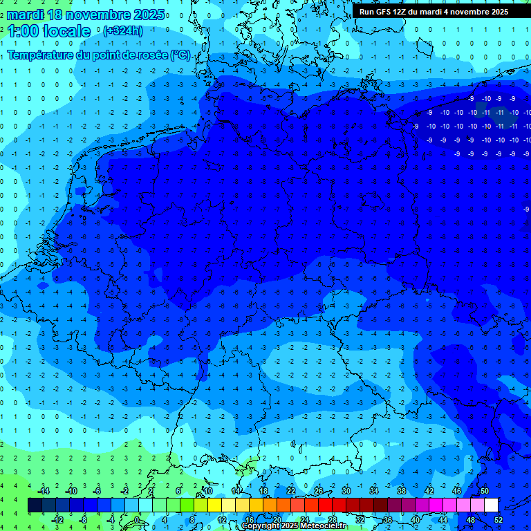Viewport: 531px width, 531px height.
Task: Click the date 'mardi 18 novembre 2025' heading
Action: (86, 15)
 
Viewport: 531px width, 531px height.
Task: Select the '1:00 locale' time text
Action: (49, 31)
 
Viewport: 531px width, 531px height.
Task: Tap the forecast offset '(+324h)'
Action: (122, 31)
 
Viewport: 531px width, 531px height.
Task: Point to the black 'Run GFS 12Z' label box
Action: (434, 12)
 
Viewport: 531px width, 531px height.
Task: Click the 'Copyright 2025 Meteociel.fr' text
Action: (293, 526)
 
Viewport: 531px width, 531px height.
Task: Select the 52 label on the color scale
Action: (498, 519)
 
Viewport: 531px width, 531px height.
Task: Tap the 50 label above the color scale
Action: (484, 491)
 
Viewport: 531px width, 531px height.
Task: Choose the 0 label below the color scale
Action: (138, 519)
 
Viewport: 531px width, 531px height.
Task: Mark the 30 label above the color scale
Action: (346, 491)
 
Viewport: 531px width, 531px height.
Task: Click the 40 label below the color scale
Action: (415, 519)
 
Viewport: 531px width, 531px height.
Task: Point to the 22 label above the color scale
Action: (291, 491)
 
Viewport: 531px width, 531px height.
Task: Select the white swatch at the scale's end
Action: (491, 505)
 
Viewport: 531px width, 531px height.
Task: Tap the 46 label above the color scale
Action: (456, 491)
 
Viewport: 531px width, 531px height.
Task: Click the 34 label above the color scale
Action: (373, 491)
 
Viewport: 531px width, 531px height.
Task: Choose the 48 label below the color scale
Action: (470, 519)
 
